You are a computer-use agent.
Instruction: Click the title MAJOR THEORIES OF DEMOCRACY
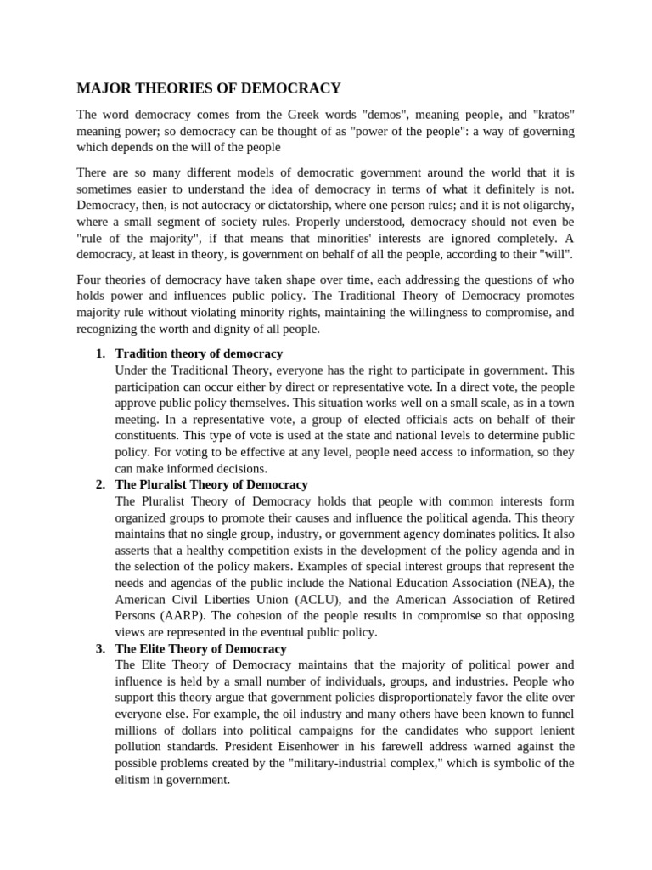point(209,88)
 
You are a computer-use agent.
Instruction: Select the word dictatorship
point(291,206)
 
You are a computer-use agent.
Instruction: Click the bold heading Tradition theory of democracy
point(199,353)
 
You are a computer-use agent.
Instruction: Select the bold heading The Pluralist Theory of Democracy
point(211,484)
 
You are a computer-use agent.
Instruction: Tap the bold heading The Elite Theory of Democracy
point(200,648)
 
